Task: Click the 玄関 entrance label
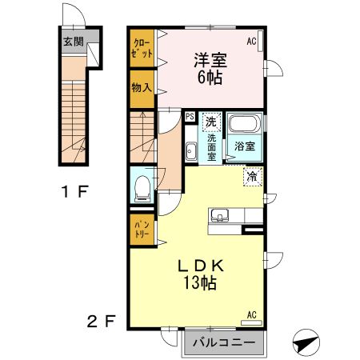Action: pyautogui.click(x=73, y=42)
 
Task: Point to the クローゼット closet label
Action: pyautogui.click(x=142, y=48)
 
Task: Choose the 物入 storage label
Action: pyautogui.click(x=142, y=87)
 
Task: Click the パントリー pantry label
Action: pyautogui.click(x=142, y=229)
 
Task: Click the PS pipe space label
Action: pyautogui.click(x=190, y=116)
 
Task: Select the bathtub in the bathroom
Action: pyautogui.click(x=243, y=125)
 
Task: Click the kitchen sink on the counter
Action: pyautogui.click(x=221, y=215)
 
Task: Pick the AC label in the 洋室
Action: pyautogui.click(x=251, y=41)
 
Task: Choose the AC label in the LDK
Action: pyautogui.click(x=251, y=314)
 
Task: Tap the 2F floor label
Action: pyautogui.click(x=102, y=322)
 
